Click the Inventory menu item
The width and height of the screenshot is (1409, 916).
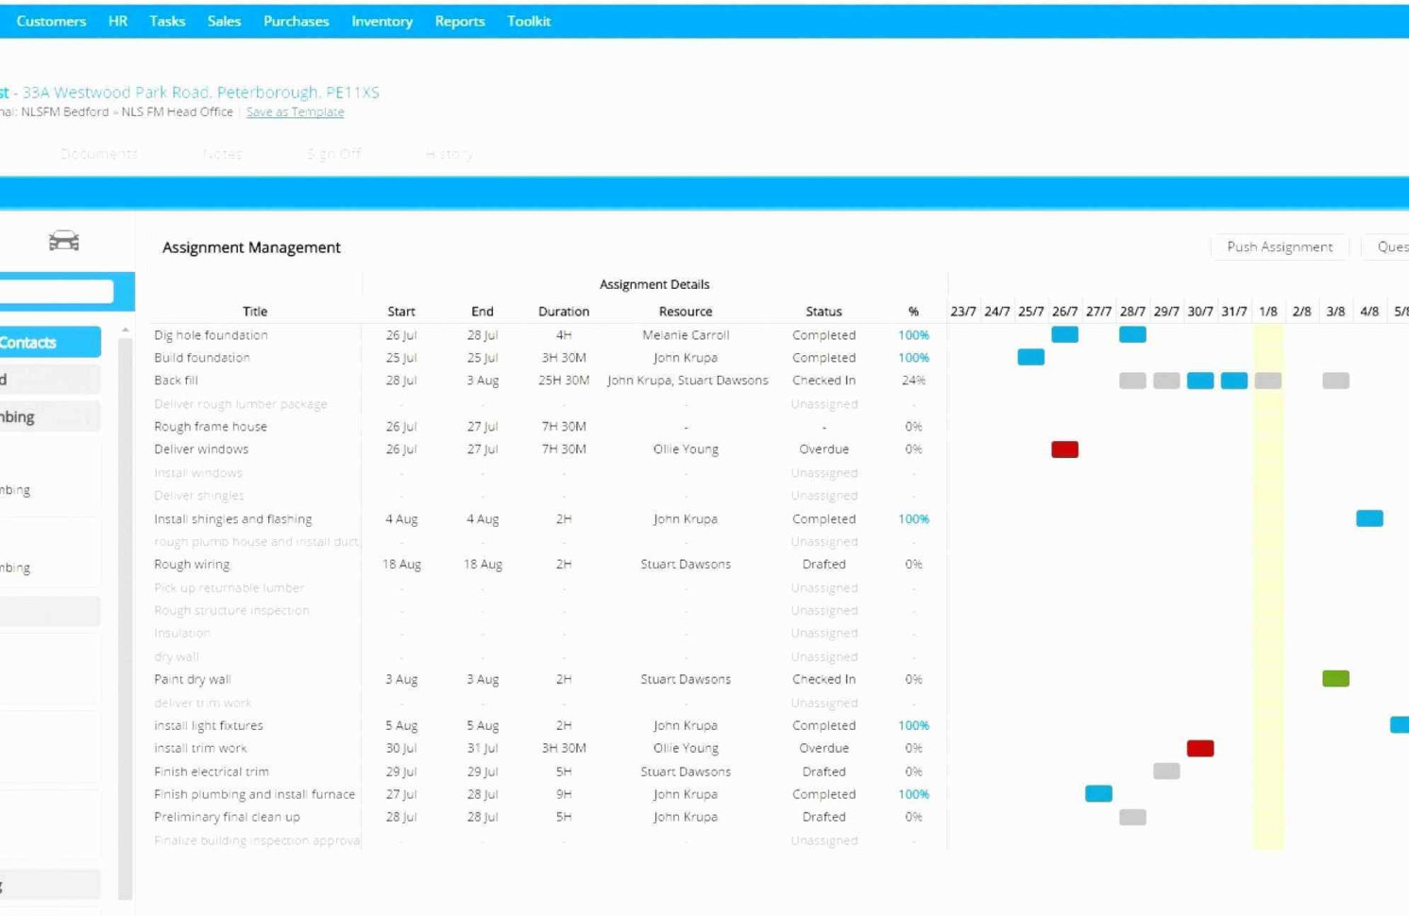[x=382, y=21]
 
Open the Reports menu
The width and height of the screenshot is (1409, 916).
[x=459, y=21]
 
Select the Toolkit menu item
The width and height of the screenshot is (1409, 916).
[x=528, y=21]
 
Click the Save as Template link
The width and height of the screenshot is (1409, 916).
[x=295, y=111]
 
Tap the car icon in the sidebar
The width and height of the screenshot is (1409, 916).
[x=64, y=241]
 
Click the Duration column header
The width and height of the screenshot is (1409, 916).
[x=563, y=311]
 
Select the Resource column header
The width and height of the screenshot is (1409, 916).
[x=685, y=311]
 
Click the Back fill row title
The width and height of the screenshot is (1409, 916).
[x=177, y=381]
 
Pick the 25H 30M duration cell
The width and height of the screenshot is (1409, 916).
[x=563, y=381]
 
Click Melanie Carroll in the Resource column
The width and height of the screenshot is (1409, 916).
[x=685, y=335]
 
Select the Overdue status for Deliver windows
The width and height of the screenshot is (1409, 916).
[x=823, y=450]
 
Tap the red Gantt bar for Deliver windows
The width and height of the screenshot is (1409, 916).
[x=1064, y=450]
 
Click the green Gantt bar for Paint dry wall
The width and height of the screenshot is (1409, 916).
[x=1335, y=679]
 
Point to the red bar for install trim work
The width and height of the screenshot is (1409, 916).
[x=1199, y=749]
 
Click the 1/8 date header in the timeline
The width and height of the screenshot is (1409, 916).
[x=1267, y=311]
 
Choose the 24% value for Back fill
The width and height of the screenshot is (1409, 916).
[x=913, y=381]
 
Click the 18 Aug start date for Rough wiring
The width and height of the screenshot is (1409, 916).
[x=401, y=565]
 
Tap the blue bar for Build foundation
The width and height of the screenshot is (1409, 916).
[x=1030, y=357]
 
